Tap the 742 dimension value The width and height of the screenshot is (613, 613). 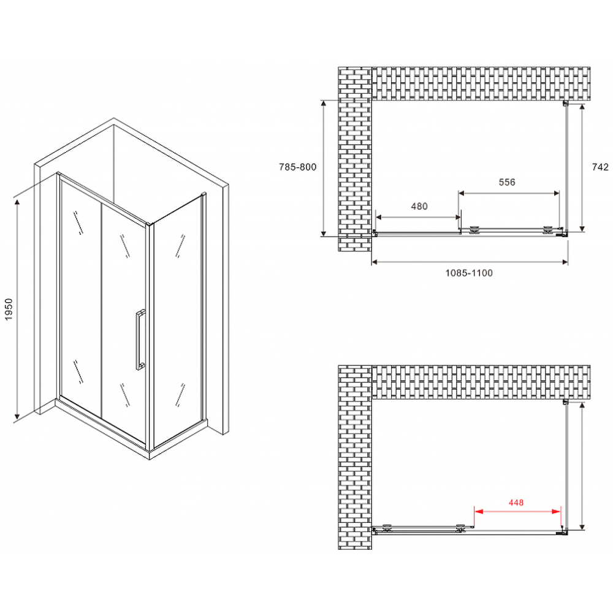click(600, 167)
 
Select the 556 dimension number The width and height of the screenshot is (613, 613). click(507, 182)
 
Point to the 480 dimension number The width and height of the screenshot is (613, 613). click(419, 207)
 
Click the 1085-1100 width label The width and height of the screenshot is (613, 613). click(469, 273)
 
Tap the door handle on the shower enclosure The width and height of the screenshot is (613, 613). click(140, 341)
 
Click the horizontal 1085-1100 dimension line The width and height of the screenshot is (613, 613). click(469, 262)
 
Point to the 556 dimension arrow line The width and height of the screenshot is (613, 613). click(509, 192)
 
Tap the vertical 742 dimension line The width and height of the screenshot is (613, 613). click(581, 167)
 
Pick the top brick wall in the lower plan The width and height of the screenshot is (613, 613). click(481, 381)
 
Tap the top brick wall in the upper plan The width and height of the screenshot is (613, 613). click(481, 83)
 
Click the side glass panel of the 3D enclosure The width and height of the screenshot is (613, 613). click(178, 322)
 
